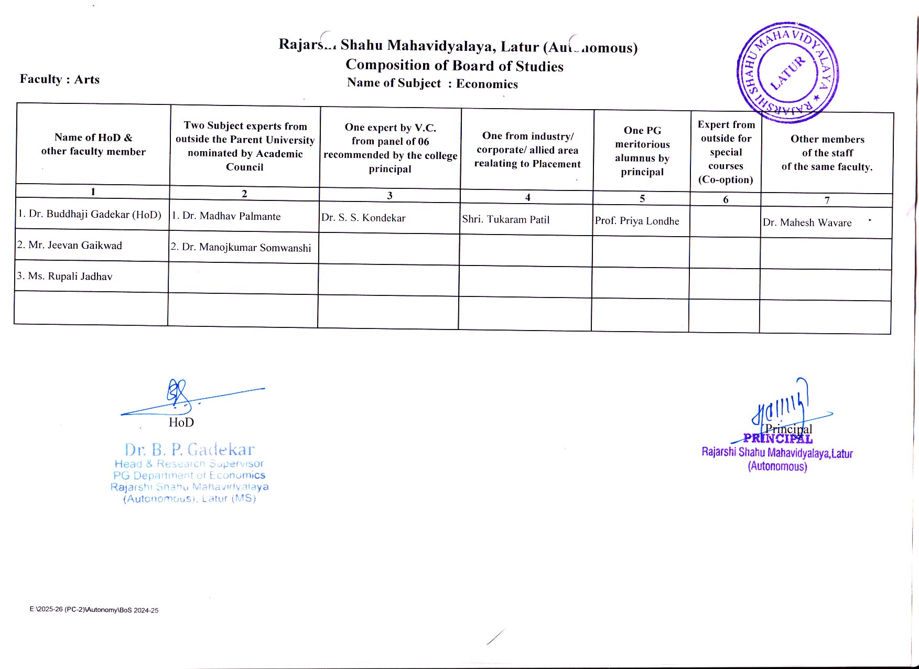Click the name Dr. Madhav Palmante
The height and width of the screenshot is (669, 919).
pos(226,216)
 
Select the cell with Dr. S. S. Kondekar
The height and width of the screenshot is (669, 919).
pos(363,218)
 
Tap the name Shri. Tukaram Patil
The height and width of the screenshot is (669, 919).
pos(506,219)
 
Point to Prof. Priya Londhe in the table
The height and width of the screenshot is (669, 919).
pos(637,221)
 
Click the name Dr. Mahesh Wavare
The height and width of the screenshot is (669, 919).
pos(807,222)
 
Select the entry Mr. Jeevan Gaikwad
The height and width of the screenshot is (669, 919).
pos(70,245)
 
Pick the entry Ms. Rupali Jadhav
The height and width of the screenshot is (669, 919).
pos(64,276)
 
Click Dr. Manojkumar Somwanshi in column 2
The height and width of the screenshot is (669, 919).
pos(241,247)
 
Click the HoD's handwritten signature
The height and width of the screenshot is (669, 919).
pos(181,397)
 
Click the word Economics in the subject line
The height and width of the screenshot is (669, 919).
pos(487,84)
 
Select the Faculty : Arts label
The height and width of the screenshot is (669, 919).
pos(60,79)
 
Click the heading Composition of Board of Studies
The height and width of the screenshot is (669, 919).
pos(455,66)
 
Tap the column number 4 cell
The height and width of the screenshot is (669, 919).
pos(527,197)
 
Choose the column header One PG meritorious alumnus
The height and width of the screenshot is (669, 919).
pos(642,151)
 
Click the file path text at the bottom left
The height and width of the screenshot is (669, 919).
pos(94,610)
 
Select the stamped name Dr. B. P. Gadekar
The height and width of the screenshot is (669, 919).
pos(189,450)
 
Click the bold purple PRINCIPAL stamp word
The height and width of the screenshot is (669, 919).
pos(779,439)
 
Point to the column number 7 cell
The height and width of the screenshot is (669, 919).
pos(827,200)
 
